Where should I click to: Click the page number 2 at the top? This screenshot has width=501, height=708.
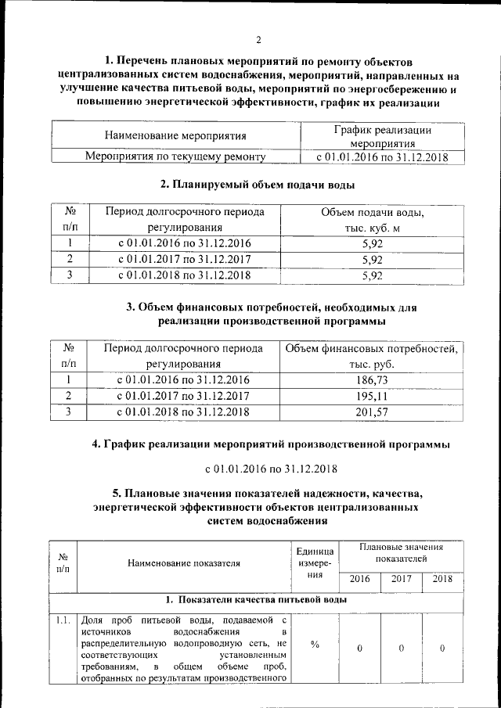(x=258, y=41)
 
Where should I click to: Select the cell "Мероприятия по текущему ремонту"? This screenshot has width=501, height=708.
(x=175, y=156)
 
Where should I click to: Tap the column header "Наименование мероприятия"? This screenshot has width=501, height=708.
(x=175, y=135)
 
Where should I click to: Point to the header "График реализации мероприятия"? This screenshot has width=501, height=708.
(x=382, y=136)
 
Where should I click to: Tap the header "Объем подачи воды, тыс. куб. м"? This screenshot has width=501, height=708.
(x=373, y=220)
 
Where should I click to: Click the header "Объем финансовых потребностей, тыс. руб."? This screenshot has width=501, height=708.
(x=371, y=356)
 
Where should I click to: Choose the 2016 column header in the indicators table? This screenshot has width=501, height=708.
(x=359, y=579)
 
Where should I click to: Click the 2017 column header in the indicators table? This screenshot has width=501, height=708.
(x=401, y=579)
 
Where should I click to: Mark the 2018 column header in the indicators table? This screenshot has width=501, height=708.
(x=442, y=579)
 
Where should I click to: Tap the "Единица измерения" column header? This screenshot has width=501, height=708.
(x=315, y=561)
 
